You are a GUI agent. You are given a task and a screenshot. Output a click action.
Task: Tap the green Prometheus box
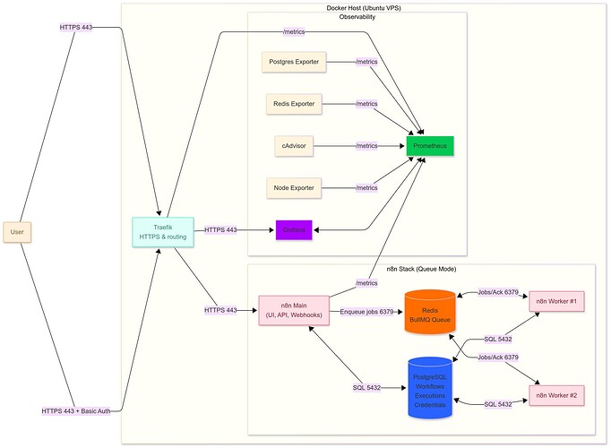pos(430,145)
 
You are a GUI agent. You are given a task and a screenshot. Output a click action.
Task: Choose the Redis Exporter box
pos(294,104)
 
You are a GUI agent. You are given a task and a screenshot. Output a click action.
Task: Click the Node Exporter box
pos(293,187)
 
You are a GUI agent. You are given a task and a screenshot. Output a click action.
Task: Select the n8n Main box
pos(293,310)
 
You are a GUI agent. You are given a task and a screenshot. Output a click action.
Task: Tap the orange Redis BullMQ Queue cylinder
pos(430,312)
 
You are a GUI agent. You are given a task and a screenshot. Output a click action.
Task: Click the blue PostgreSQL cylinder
pos(430,388)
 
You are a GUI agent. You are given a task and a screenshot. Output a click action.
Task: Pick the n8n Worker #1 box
pos(556,301)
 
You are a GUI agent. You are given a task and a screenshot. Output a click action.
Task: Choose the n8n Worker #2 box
pos(556,394)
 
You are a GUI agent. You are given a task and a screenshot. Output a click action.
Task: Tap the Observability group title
pos(357,17)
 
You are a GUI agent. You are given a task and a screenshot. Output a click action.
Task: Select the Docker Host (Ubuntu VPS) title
pos(364,8)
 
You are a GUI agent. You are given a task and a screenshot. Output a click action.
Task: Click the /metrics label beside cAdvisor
pos(366,145)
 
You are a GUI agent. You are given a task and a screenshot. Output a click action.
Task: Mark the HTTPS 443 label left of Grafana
pos(221,230)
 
